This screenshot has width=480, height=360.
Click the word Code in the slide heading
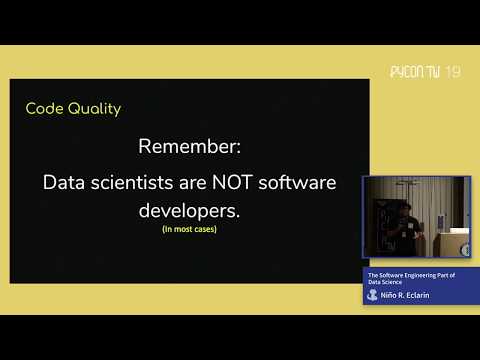pos(43,108)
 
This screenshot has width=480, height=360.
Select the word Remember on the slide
pos(190,146)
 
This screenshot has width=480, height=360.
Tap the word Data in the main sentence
pos(65,184)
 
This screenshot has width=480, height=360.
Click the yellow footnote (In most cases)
pos(189,230)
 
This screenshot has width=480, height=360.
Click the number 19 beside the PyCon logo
pos(453,72)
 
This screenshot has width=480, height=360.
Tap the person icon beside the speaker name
pos(373,296)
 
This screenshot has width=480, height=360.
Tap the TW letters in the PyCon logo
pos(433,72)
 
